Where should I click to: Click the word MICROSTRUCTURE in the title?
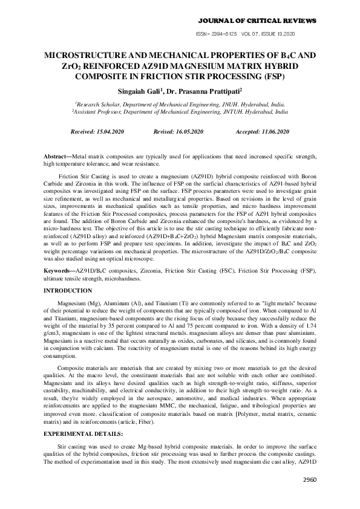pyautogui.click(x=84, y=56)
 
